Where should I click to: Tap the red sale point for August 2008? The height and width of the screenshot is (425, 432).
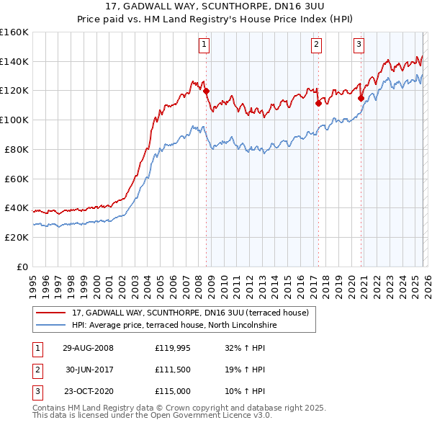pyautogui.click(x=206, y=91)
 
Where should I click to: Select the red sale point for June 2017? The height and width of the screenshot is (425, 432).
pyautogui.click(x=318, y=103)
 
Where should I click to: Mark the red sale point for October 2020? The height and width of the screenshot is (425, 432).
pyautogui.click(x=361, y=98)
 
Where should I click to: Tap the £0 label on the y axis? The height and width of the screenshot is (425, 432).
pyautogui.click(x=22, y=267)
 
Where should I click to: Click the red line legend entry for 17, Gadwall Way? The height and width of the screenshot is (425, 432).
pyautogui.click(x=190, y=313)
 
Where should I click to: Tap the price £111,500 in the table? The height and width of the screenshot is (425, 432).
pyautogui.click(x=171, y=370)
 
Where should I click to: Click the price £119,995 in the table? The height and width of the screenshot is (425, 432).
pyautogui.click(x=171, y=348)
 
